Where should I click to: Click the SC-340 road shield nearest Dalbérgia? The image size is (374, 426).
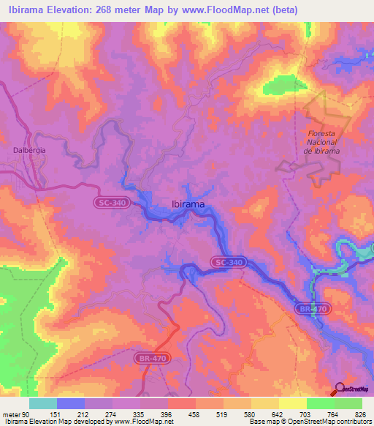110,201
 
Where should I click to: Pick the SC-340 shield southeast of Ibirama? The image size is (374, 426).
229,261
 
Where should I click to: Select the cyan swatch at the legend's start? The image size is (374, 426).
43,403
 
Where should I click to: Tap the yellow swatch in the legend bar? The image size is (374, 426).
292,403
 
